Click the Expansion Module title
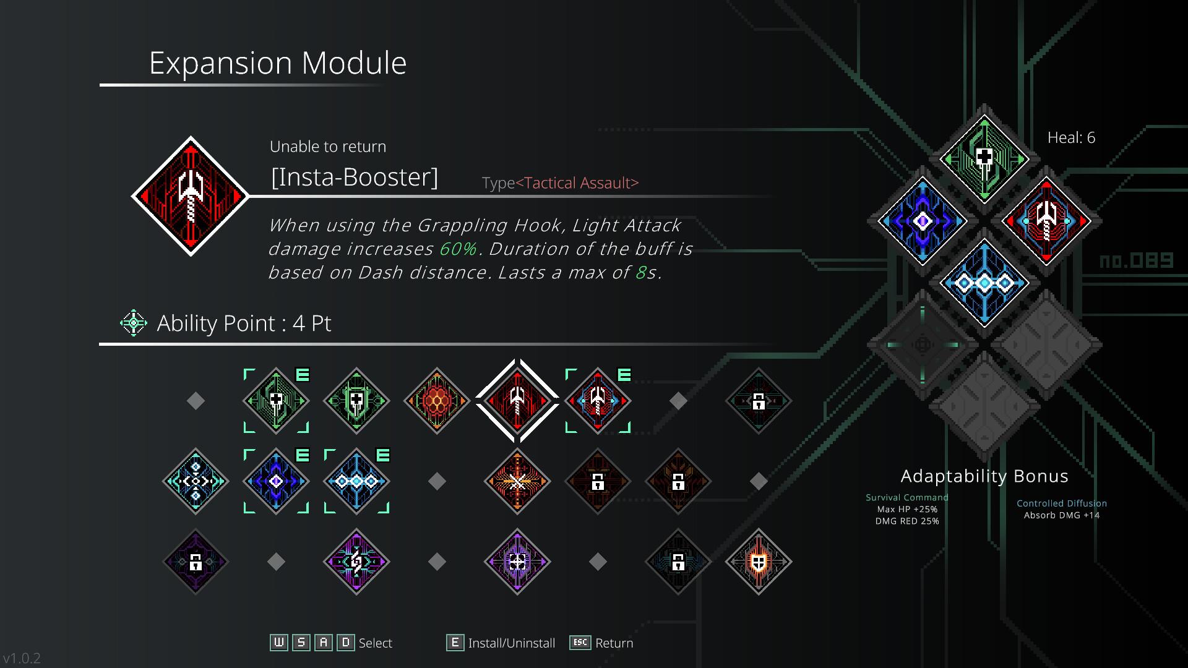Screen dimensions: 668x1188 point(278,63)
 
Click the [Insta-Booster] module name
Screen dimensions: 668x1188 point(355,177)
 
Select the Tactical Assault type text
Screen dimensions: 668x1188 point(577,183)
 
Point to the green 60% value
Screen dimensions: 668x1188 point(458,249)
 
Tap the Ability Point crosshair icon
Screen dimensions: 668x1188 point(133,323)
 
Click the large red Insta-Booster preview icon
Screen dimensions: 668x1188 point(190,196)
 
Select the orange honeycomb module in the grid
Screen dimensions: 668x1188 point(437,401)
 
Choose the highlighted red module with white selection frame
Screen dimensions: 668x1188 point(517,401)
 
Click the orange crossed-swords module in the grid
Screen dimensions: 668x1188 point(517,481)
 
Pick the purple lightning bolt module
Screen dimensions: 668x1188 point(356,562)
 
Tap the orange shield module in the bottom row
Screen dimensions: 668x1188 point(759,562)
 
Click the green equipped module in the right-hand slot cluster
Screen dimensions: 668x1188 point(984,159)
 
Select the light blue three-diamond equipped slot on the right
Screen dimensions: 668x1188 point(984,283)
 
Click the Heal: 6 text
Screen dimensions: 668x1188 point(1071,138)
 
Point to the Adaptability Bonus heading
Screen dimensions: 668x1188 point(984,476)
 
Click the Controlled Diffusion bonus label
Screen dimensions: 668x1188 point(1062,503)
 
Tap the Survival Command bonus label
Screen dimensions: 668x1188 point(907,497)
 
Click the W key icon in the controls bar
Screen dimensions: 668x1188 point(279,643)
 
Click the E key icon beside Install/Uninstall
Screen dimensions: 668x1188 point(455,643)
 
